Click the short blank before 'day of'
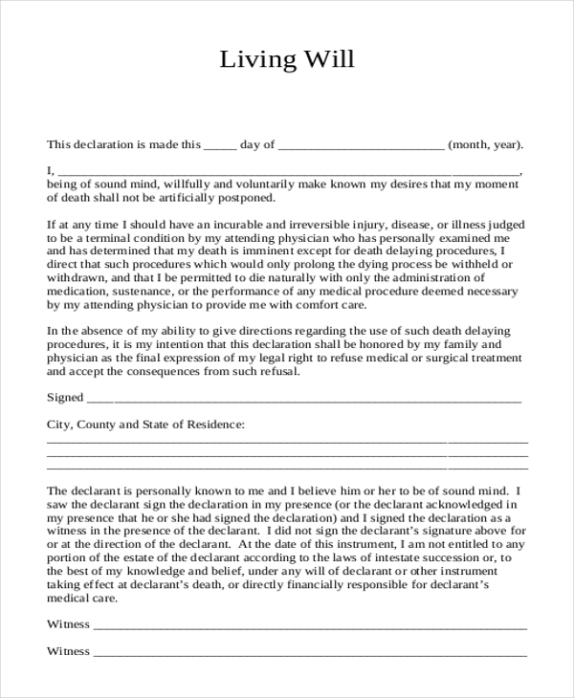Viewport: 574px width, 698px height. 220,145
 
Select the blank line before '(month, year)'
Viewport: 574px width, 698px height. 361,145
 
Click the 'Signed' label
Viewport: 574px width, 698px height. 65,397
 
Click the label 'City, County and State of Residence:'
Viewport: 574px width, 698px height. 145,423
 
